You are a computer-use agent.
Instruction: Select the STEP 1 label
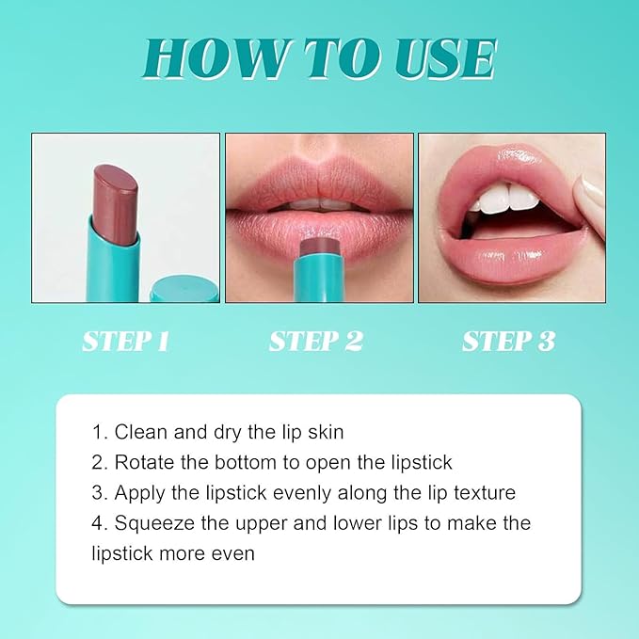pyautogui.click(x=125, y=341)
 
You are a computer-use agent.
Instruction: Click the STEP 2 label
pyautogui.click(x=316, y=341)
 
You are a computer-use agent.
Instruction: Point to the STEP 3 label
pyautogui.click(x=508, y=341)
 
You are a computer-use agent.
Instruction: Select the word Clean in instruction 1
pyautogui.click(x=141, y=433)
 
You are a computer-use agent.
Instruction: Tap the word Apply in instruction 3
pyautogui.click(x=138, y=493)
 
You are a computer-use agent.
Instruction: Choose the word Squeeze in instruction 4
pyautogui.click(x=154, y=523)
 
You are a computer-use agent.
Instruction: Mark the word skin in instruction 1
pyautogui.click(x=324, y=433)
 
